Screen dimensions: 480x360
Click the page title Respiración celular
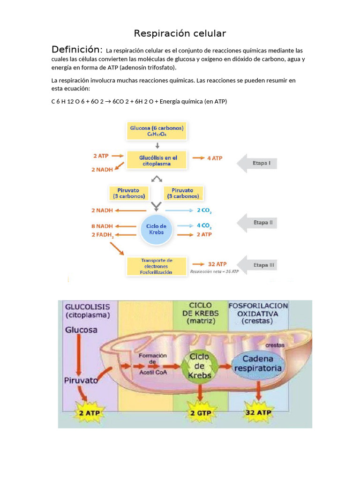pos(180,33)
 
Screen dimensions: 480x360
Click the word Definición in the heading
pos(77,49)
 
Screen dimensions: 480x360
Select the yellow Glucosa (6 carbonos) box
pos(157,130)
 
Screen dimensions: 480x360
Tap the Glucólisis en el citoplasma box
pos(155,161)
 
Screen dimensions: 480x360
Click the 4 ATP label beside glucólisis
pos(215,158)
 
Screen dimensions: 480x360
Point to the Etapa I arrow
pos(257,163)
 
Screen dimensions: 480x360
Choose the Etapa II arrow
pos(257,223)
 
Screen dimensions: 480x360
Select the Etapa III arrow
pos(257,265)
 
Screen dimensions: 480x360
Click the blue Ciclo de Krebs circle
pos(157,229)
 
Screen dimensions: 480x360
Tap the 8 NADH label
pos(103,226)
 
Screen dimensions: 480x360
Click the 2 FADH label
pos(103,235)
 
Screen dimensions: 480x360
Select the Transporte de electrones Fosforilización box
pos(157,266)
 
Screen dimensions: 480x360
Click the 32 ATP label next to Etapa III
pos(217,264)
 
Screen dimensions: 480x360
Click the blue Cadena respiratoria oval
pos(258,364)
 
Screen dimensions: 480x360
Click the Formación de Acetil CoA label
pos(152,362)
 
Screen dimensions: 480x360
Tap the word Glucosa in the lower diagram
pos(82,330)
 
